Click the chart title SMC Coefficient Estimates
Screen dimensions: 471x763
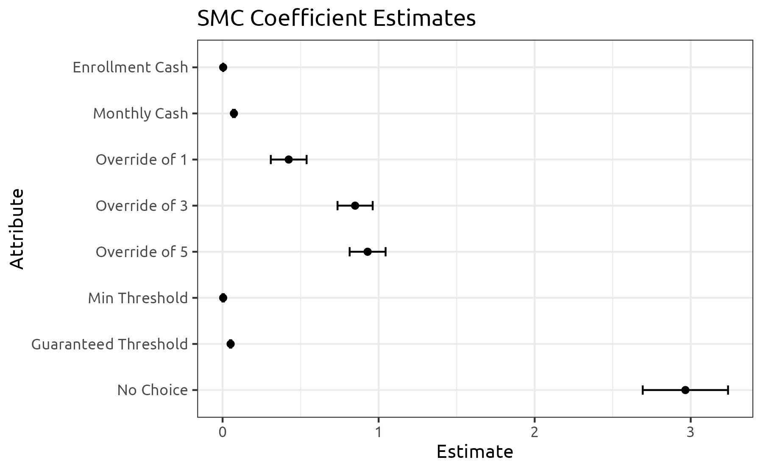(x=336, y=19)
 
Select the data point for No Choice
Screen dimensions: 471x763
(x=685, y=390)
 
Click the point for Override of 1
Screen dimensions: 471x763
(x=289, y=160)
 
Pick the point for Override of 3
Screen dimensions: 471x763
(x=355, y=206)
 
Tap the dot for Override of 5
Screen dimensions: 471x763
(x=368, y=252)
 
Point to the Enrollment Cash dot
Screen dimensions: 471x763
(x=223, y=67)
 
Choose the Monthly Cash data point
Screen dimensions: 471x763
(x=234, y=114)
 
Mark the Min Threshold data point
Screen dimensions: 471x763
(x=223, y=298)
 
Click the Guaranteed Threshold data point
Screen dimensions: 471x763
(x=231, y=344)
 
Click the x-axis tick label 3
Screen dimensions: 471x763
(x=691, y=432)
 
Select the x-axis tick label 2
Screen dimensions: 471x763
(x=535, y=432)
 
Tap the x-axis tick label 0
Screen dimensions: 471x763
(x=222, y=432)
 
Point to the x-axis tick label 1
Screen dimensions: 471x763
(x=378, y=432)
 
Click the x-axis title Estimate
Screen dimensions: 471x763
(x=475, y=452)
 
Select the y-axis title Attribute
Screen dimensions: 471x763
(x=17, y=229)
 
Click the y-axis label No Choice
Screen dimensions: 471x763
(x=152, y=390)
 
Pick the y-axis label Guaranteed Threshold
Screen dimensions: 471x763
(x=109, y=344)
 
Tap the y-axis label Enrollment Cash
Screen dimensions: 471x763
(x=130, y=67)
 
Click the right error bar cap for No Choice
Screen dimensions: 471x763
(x=728, y=390)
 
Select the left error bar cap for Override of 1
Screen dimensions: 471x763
(x=271, y=160)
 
